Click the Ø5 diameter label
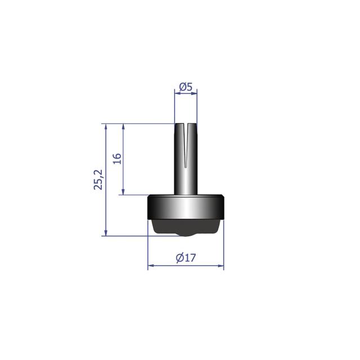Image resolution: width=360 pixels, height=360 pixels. pyautogui.click(x=186, y=87)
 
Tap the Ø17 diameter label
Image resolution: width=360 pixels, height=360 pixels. pyautogui.click(x=186, y=258)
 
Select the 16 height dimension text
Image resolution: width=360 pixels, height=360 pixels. pyautogui.click(x=117, y=159)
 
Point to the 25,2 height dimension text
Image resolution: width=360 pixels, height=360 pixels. pyautogui.click(x=98, y=179)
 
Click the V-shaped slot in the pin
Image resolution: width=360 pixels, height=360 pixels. pyautogui.click(x=186, y=145)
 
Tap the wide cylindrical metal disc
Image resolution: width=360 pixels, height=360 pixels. pyautogui.click(x=186, y=207)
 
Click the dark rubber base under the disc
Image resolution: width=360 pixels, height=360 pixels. pyautogui.click(x=186, y=227)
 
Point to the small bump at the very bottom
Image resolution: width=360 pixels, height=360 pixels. pyautogui.click(x=186, y=235)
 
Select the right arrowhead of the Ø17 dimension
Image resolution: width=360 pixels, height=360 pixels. pyautogui.click(x=221, y=265)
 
